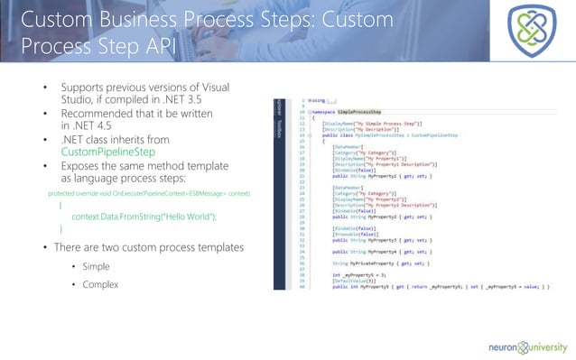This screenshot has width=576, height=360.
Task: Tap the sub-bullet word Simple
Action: point(96,267)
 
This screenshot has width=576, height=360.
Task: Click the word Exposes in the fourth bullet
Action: point(83,179)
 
